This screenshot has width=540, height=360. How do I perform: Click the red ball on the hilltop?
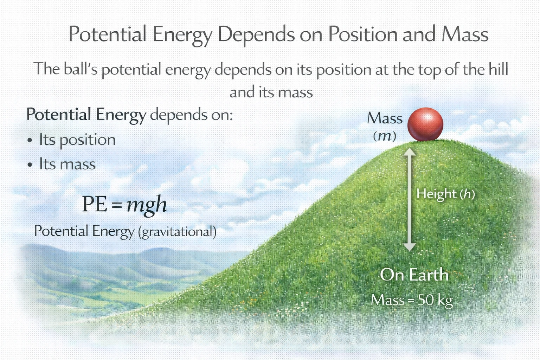[425, 124]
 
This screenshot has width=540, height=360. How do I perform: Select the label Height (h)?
[445, 194]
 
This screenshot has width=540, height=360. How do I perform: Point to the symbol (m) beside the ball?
[385, 136]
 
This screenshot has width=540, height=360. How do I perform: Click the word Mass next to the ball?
[385, 118]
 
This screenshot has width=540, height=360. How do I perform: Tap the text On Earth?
[414, 275]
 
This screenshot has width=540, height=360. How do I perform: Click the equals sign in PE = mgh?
[116, 205]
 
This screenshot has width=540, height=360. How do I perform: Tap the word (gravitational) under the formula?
[177, 232]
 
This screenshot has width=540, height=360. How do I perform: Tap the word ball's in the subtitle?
[81, 69]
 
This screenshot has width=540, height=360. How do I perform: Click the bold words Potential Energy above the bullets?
[86, 115]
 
